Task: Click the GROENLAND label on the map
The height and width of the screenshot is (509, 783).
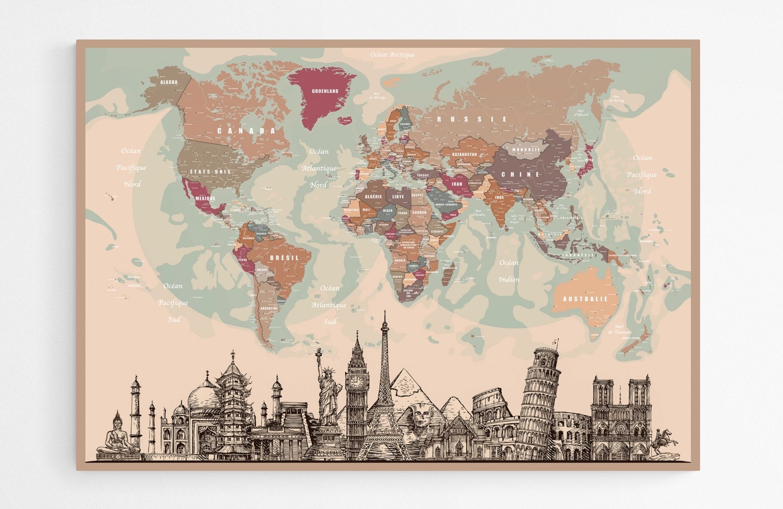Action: (x=325, y=91)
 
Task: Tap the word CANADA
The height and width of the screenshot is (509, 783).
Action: (x=246, y=131)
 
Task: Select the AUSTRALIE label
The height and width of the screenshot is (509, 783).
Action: (x=585, y=299)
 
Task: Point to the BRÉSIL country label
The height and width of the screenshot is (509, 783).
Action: (x=284, y=258)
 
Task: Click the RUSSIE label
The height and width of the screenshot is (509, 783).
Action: (x=472, y=119)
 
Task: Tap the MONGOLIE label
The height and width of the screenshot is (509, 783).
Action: (x=526, y=150)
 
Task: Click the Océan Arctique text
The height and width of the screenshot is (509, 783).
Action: (x=392, y=55)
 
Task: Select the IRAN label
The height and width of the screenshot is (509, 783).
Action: (x=457, y=184)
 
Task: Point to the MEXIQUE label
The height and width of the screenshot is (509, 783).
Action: (x=205, y=199)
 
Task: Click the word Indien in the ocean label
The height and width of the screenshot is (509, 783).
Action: (x=509, y=279)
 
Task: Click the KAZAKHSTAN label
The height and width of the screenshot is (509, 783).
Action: (x=465, y=154)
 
